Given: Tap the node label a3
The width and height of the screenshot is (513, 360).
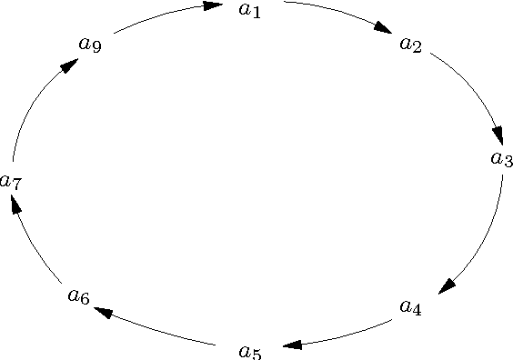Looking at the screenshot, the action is [501, 159].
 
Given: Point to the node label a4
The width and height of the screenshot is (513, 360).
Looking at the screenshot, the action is [411, 307].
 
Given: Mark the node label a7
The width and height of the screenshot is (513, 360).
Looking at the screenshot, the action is [11, 182].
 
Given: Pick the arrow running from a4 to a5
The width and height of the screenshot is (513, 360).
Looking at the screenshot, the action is [346, 335].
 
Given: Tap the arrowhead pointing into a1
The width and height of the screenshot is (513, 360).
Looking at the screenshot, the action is [214, 6].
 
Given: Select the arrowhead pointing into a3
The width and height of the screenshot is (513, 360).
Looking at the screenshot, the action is [497, 134].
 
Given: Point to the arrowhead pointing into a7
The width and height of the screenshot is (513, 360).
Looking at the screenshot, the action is [15, 206].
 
